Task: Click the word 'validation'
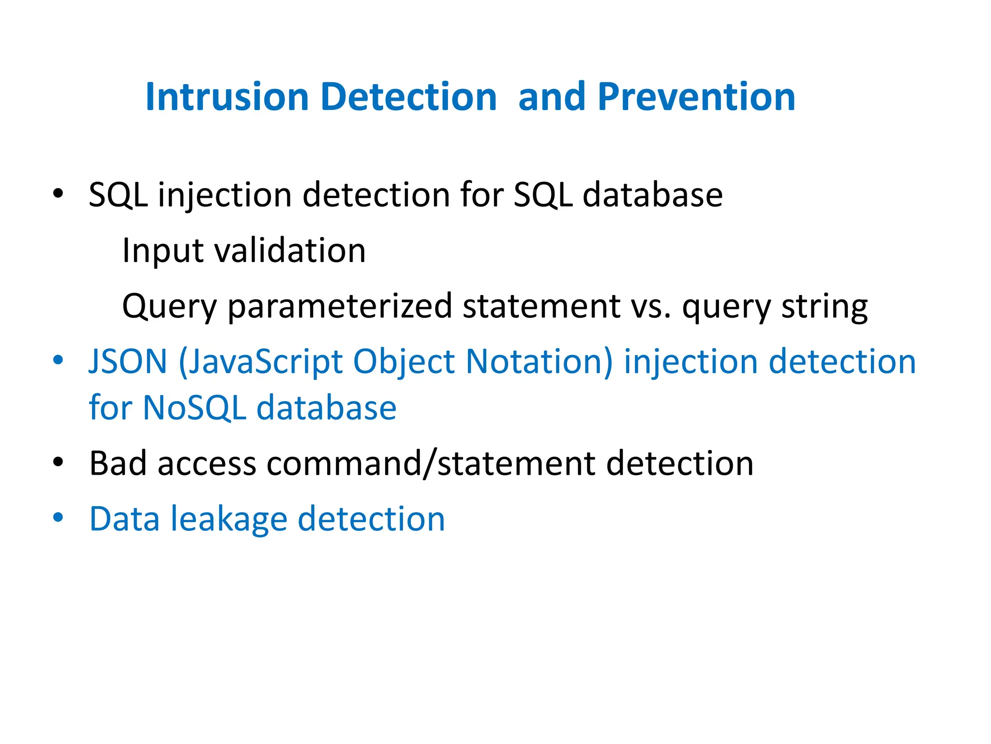click(290, 251)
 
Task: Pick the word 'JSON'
click(128, 362)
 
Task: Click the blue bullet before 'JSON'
click(58, 360)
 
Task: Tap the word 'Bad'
click(118, 464)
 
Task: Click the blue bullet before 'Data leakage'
click(58, 517)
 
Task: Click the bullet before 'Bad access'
click(58, 463)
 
